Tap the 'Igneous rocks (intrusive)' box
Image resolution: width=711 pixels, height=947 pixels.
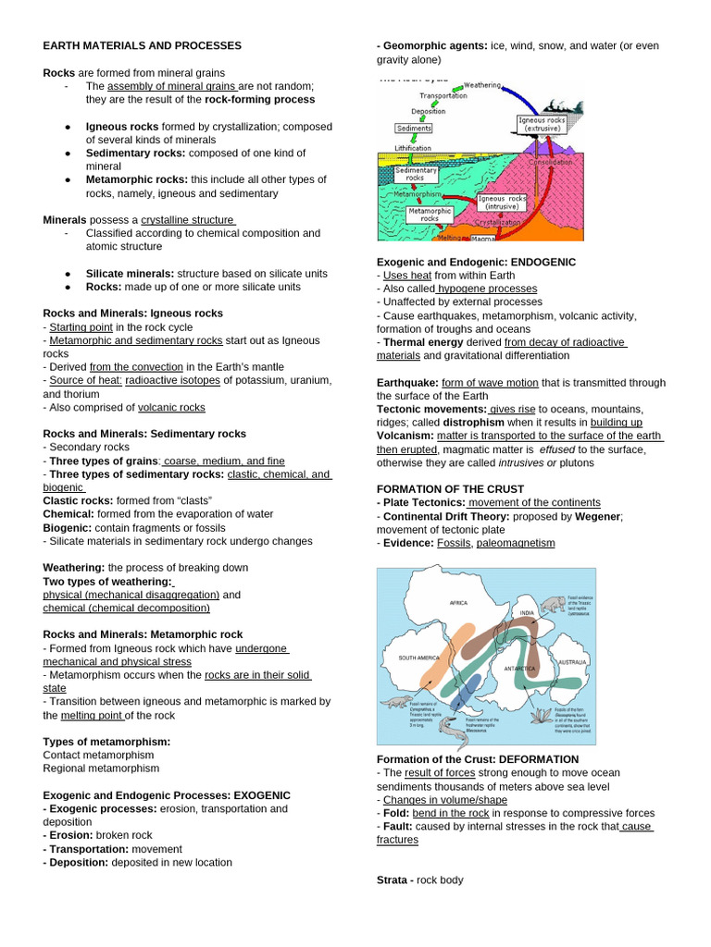(x=503, y=203)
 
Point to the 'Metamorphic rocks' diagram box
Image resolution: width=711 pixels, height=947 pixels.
(x=430, y=215)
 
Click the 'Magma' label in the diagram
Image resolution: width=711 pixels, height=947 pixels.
(x=483, y=238)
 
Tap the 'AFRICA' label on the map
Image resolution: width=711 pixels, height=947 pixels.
(x=458, y=602)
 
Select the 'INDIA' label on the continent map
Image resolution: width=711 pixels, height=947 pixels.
(x=527, y=613)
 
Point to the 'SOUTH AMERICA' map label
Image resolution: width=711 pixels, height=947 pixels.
(x=418, y=658)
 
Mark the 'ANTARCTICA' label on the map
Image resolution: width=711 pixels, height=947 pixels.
(x=519, y=668)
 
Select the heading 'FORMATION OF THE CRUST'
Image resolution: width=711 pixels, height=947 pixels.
(x=450, y=489)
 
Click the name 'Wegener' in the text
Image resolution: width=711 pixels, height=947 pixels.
(x=598, y=516)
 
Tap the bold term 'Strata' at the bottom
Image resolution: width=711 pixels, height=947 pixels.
(x=393, y=879)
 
